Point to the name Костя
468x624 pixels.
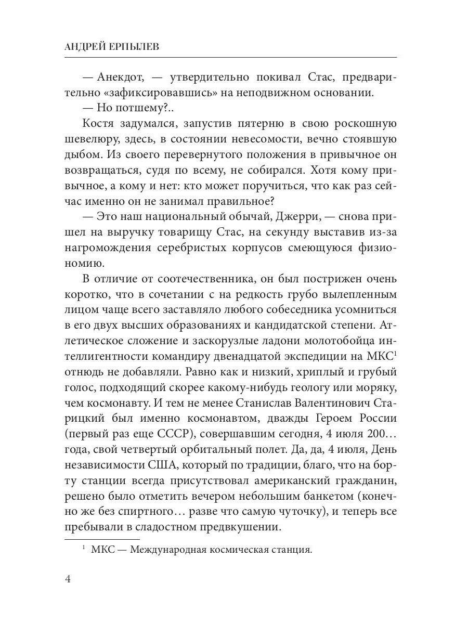click(97, 124)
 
